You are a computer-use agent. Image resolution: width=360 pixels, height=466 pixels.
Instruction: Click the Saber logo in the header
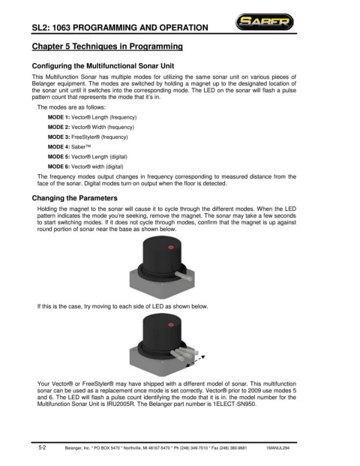(x=264, y=22)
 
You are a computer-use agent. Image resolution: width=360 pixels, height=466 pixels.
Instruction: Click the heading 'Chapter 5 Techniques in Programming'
(x=107, y=47)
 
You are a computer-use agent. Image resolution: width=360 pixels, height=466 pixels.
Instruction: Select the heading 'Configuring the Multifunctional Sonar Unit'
(x=103, y=66)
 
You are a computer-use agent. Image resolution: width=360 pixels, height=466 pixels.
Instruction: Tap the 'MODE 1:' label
(x=58, y=117)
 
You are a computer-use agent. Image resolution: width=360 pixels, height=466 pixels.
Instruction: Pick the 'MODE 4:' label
(x=58, y=147)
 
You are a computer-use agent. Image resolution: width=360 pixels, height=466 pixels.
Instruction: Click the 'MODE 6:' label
(x=58, y=167)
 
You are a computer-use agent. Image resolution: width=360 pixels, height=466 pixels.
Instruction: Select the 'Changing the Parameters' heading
(x=74, y=198)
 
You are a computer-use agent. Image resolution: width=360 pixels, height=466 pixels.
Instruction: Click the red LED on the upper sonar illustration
(x=171, y=248)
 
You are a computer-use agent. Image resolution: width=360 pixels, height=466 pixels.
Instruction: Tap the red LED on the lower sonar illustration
(x=171, y=324)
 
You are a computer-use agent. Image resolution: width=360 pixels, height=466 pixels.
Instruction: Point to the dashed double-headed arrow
(x=195, y=362)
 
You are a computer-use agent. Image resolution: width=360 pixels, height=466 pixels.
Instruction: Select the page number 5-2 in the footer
(x=42, y=447)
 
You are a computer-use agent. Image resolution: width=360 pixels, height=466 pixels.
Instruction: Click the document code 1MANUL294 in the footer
(x=278, y=448)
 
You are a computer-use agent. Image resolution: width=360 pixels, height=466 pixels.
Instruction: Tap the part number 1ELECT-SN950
(x=234, y=404)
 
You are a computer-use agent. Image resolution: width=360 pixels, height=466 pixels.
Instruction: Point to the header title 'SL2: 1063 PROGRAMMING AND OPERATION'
(x=120, y=28)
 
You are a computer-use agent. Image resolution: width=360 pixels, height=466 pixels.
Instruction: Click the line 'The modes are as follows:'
(x=71, y=107)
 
